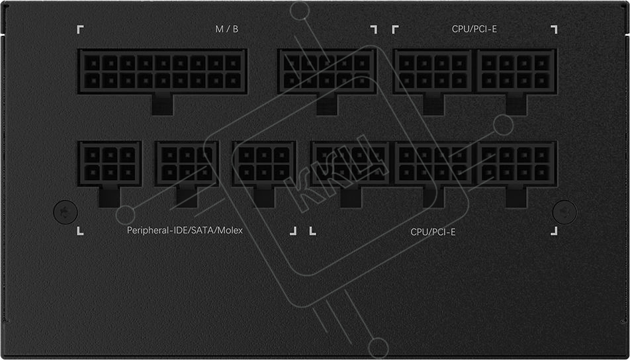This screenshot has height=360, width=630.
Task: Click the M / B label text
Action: coord(227,29)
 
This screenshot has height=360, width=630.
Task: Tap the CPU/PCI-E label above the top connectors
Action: coord(474,29)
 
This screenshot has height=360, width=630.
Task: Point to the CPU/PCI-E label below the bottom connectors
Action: coord(433,232)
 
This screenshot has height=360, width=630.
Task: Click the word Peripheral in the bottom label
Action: coord(146,230)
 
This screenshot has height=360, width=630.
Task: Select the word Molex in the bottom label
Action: coord(232,230)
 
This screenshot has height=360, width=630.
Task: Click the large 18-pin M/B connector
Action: coord(162,71)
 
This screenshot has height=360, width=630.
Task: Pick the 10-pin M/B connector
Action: coord(327,71)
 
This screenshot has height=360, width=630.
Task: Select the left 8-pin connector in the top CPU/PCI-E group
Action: coord(433,71)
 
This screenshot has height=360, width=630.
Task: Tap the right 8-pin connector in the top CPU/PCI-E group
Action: coord(516,71)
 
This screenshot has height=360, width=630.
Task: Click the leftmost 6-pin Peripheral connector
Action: coord(109,163)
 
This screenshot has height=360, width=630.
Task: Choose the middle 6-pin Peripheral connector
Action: coord(187,163)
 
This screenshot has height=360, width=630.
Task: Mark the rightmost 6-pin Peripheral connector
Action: coord(264,163)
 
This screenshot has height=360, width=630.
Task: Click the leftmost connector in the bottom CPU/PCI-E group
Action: coord(350,163)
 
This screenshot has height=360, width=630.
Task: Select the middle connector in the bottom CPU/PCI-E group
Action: coord(433,163)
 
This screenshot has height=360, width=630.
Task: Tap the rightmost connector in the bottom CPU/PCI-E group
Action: coord(516,163)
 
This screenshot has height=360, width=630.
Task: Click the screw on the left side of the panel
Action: coord(66,212)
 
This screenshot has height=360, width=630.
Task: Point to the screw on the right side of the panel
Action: coord(564,212)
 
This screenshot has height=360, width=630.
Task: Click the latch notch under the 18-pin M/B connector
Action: coord(162,105)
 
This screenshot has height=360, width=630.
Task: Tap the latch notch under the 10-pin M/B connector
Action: coord(327,105)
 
